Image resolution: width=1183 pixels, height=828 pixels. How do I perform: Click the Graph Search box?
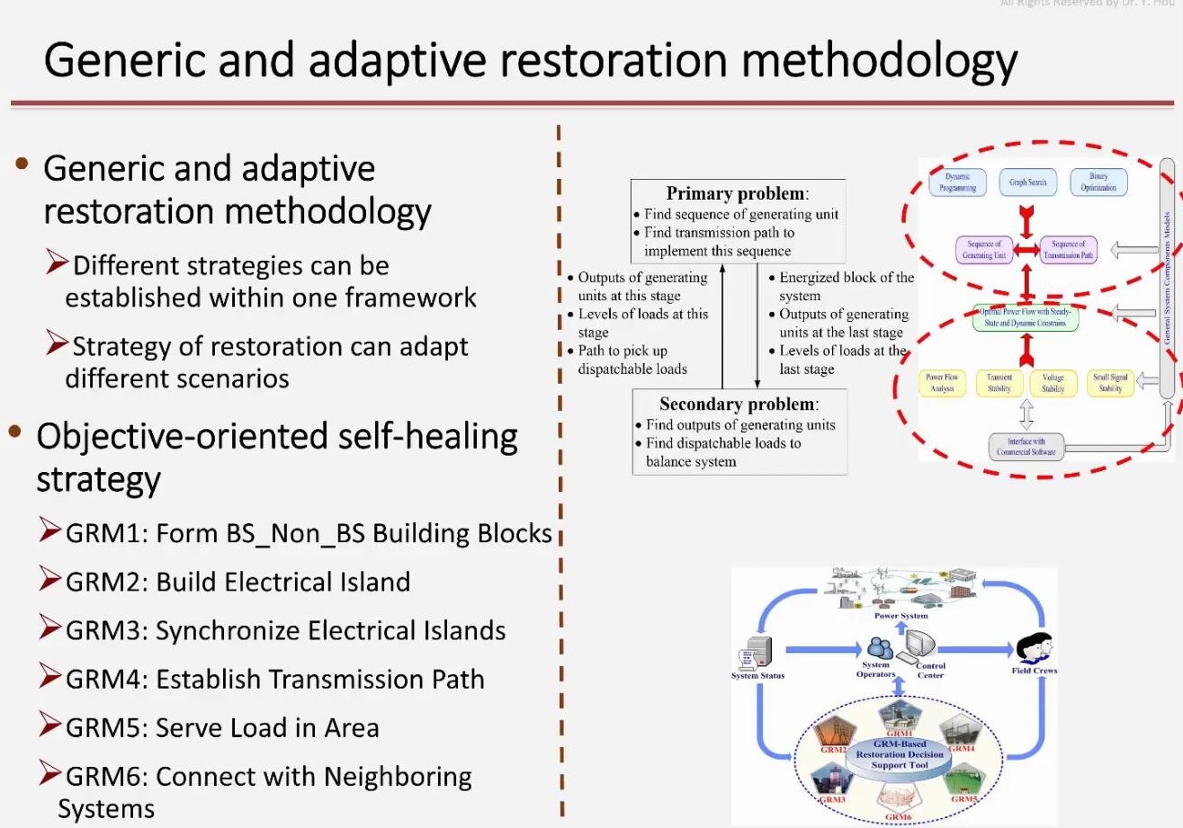click(x=1027, y=183)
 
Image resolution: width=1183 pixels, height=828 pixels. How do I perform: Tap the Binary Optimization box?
click(x=1098, y=183)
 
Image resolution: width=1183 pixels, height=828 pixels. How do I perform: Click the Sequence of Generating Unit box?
click(x=985, y=249)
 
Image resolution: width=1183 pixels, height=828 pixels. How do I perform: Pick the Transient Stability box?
click(x=999, y=383)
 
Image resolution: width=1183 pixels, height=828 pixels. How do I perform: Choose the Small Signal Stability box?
click(x=1110, y=383)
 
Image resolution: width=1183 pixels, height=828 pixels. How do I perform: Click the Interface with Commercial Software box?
click(x=1026, y=446)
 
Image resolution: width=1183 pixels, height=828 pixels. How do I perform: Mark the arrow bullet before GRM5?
click(x=50, y=724)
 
